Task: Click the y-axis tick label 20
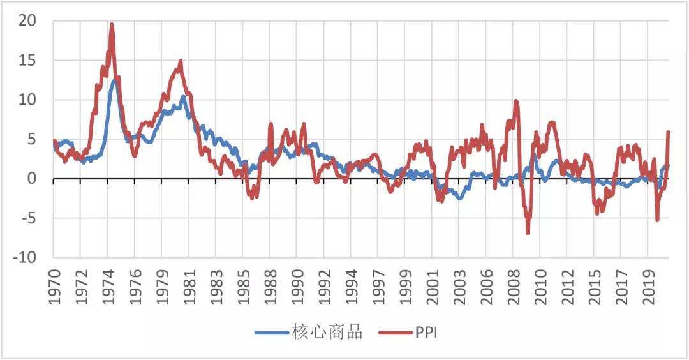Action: coord(28,21)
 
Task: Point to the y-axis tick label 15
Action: coord(28,61)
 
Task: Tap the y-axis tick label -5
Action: coord(28,218)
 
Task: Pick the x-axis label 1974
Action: coord(108,285)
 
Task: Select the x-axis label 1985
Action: coord(243,285)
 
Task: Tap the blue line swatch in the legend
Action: coord(272,333)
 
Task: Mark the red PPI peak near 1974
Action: coord(112,24)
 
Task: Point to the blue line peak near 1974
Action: coord(115,80)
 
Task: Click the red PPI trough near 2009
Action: coord(528,233)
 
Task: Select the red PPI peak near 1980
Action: coord(181,61)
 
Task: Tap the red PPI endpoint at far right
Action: coord(668,132)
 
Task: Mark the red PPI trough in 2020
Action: coord(657,220)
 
